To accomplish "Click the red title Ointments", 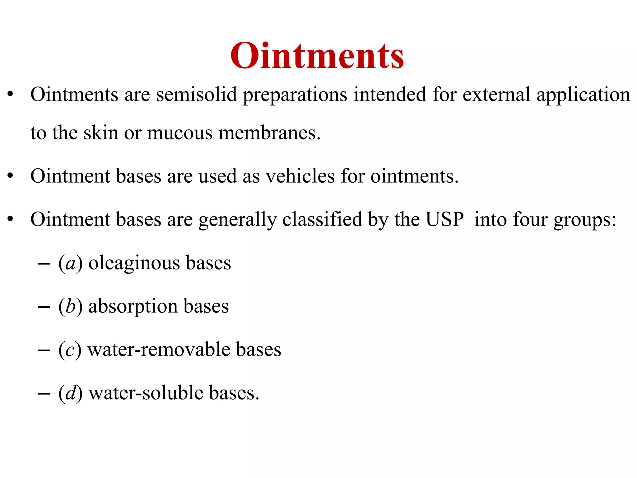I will point(317,56).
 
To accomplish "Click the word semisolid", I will point(196,95).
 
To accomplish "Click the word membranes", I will point(269,133).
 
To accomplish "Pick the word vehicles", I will point(300,176).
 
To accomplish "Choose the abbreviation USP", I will point(444,219).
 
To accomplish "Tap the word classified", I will point(322,219).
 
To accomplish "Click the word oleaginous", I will point(134,263).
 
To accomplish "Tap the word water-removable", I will point(158,349).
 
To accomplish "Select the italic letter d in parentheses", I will point(71,393).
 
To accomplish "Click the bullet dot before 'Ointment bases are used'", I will point(11,176).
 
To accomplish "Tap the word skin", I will point(101,133).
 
